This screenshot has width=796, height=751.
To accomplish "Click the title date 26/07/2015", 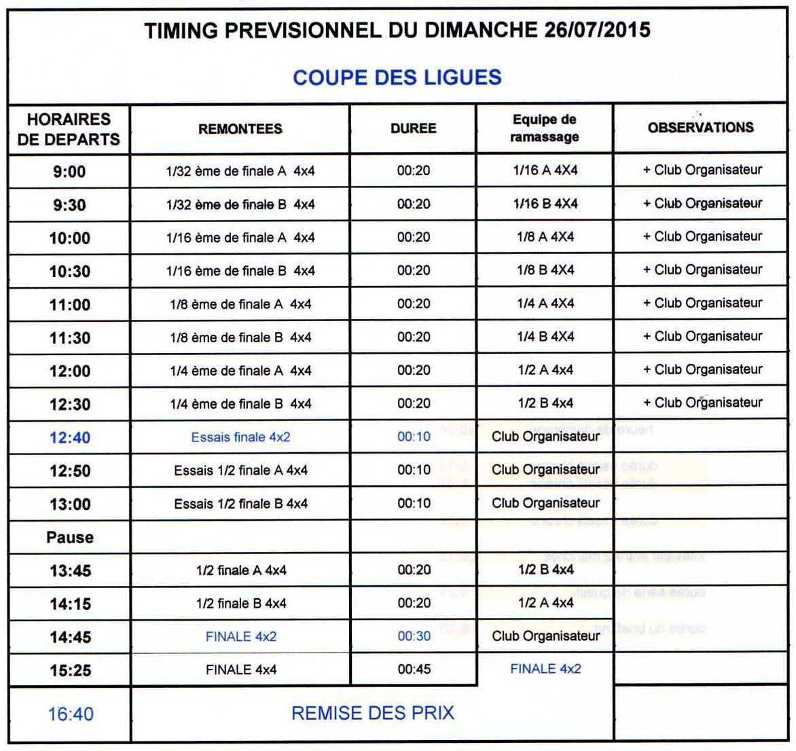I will click(x=597, y=31).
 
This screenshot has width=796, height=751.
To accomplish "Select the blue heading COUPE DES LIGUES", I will click(x=397, y=77).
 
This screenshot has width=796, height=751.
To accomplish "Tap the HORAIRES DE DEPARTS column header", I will click(x=69, y=129).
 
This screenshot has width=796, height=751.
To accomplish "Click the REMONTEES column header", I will click(x=240, y=129).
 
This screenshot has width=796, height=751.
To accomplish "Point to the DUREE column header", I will click(x=413, y=128).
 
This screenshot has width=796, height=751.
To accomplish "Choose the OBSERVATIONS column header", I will click(x=700, y=128).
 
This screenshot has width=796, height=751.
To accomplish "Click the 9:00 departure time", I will click(x=69, y=172).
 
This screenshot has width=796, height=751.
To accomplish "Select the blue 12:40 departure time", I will click(x=69, y=438).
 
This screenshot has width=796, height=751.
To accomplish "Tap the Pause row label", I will click(x=69, y=538).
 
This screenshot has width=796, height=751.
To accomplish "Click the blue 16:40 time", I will click(x=70, y=714).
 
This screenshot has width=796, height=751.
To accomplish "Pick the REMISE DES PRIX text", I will click(x=372, y=713).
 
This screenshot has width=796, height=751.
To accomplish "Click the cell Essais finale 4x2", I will click(x=240, y=437).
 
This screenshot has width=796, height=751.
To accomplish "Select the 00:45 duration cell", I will click(x=414, y=670).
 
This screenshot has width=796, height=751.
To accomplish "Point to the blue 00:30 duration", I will click(x=414, y=636).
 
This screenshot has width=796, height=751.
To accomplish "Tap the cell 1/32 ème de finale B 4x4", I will click(x=240, y=204).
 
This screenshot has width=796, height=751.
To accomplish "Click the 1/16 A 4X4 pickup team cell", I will click(x=545, y=170).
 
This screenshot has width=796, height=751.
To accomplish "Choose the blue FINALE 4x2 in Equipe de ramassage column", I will click(x=545, y=669).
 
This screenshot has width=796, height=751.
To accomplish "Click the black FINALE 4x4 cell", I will click(x=241, y=670).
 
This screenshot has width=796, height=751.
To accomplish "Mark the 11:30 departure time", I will click(x=69, y=338).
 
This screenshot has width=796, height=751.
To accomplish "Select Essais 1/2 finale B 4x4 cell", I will click(x=240, y=504).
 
